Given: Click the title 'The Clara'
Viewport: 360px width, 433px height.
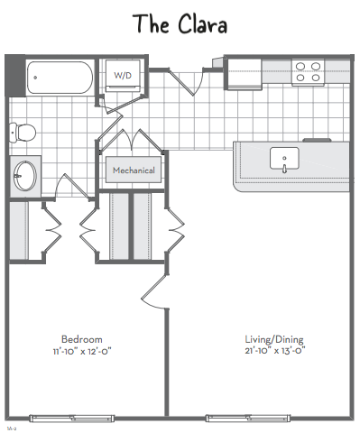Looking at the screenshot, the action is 180,24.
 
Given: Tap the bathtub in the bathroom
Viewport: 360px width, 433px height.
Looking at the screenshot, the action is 60,78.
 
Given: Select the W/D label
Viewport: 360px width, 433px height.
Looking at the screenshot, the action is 123,75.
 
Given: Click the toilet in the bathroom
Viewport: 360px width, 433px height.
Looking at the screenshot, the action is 23,132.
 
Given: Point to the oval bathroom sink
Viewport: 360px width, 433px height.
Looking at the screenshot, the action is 25,176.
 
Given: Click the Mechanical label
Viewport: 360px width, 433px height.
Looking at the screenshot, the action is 134,170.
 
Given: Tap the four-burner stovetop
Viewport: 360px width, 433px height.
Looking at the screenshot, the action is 308,72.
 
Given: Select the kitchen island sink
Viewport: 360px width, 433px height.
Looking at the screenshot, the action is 284,159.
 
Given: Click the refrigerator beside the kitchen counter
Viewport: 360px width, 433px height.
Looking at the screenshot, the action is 245,74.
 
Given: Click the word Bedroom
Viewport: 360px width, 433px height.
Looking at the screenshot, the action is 82,339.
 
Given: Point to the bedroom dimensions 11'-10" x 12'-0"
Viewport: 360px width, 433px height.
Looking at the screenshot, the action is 82,351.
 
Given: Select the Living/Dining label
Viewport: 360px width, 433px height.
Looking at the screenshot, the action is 274,339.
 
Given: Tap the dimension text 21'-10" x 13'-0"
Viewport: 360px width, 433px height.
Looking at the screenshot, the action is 275,350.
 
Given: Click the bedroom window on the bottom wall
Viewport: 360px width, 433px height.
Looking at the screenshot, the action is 71,418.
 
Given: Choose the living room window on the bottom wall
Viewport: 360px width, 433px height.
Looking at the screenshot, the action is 248,418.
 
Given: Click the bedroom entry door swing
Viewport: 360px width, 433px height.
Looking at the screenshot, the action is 153,291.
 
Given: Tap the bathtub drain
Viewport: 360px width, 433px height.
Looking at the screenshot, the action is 35,78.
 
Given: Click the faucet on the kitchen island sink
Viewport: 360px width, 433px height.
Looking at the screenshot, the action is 284,169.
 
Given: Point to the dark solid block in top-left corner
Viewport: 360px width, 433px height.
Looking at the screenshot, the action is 15,76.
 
